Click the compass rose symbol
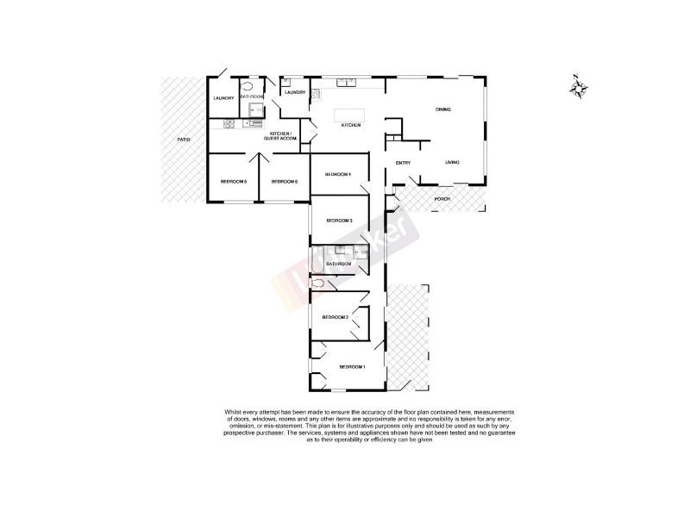pyautogui.click(x=580, y=88)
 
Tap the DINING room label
pyautogui.click(x=443, y=109)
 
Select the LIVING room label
pyautogui.click(x=452, y=163)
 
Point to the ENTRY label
pyautogui.click(x=403, y=163)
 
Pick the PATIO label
pyautogui.click(x=184, y=139)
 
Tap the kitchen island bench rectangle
pyautogui.click(x=350, y=114)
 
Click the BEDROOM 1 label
pyautogui.click(x=352, y=368)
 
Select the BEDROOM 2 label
pyautogui.click(x=335, y=318)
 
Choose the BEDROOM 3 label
pyautogui.click(x=340, y=221)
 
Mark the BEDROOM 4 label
pyautogui.click(x=337, y=175)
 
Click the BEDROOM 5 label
pyautogui.click(x=233, y=182)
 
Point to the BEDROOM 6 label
pyautogui.click(x=285, y=182)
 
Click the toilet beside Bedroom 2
pyautogui.click(x=320, y=283)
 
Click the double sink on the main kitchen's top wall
pyautogui.click(x=349, y=83)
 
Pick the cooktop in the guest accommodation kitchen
pyautogui.click(x=229, y=124)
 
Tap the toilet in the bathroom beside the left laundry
pyautogui.click(x=250, y=87)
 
